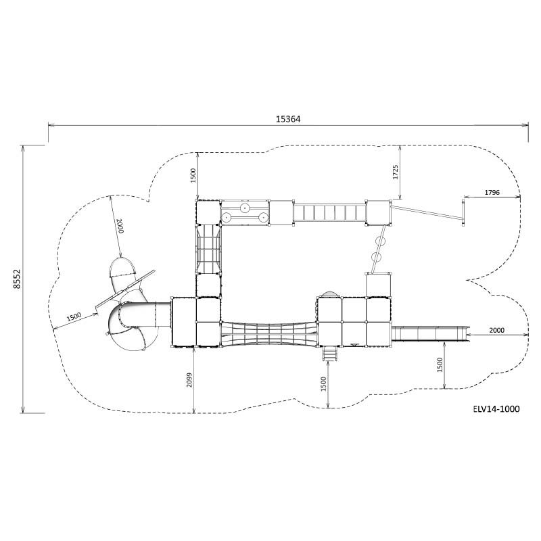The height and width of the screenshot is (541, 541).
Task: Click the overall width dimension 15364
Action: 288,119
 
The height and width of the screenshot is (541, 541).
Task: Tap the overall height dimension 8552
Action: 17,279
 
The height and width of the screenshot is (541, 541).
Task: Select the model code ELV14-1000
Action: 496,409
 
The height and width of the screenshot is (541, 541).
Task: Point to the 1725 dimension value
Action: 396,172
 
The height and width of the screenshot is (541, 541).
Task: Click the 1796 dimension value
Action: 492,193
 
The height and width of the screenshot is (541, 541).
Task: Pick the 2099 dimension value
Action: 189,380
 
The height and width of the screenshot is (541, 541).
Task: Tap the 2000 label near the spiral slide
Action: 120,226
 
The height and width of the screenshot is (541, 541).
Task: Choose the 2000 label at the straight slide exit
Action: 497,330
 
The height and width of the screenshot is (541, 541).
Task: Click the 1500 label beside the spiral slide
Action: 74,316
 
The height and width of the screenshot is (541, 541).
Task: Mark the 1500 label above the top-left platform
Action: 193,175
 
